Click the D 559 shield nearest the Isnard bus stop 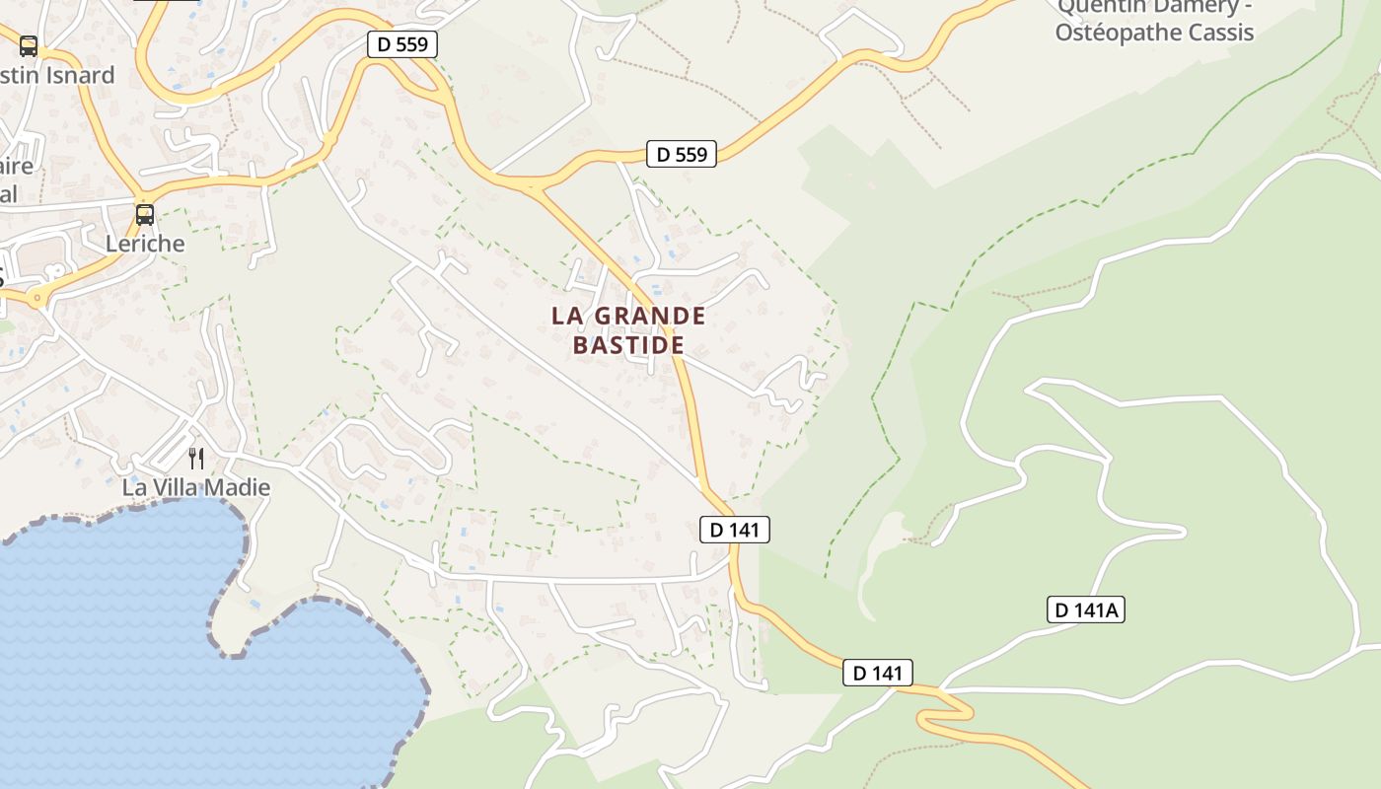[x=401, y=44]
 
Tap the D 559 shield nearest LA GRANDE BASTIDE [x=681, y=154]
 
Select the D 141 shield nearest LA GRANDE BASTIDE [x=734, y=530]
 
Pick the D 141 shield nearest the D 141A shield [x=878, y=674]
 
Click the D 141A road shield [x=1085, y=610]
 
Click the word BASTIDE [x=628, y=345]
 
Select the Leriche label [x=145, y=243]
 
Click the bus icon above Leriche [x=145, y=214]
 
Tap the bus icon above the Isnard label [x=29, y=45]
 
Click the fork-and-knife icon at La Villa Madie [x=196, y=458]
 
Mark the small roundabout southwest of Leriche [x=37, y=296]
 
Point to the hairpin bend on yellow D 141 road [x=947, y=713]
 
